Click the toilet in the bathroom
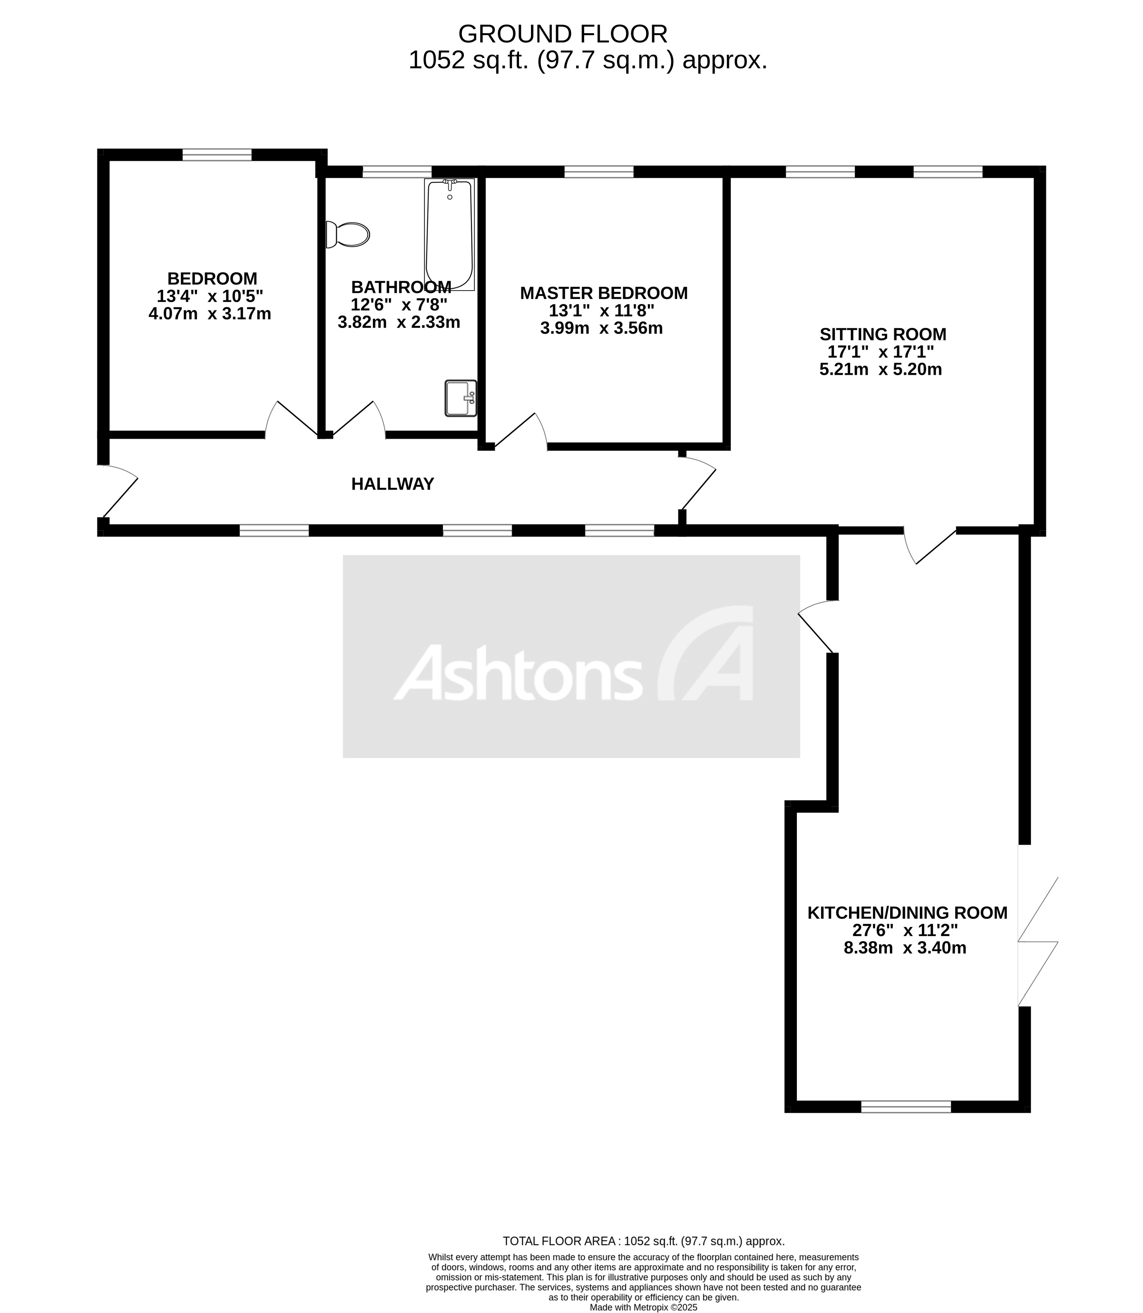348,235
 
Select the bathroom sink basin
460,398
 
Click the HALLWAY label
392,484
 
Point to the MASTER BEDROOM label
604,293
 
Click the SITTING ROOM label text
883,334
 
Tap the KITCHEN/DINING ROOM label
907,913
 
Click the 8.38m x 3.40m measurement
905,948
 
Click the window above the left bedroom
217,154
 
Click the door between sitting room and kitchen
929,545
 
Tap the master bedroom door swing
520,430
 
